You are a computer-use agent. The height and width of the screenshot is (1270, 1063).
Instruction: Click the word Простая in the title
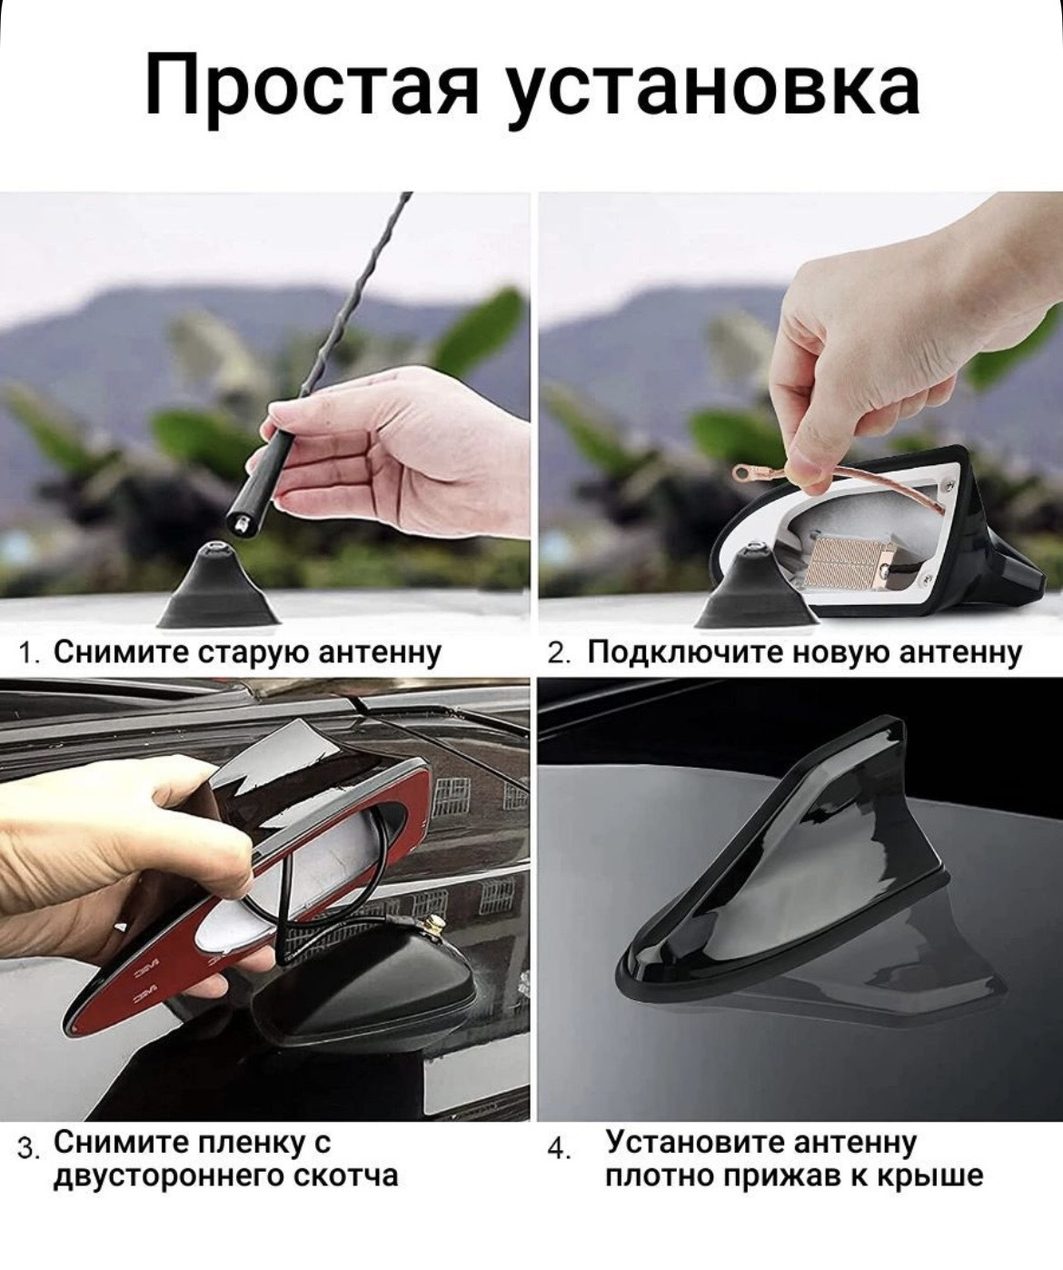point(312,85)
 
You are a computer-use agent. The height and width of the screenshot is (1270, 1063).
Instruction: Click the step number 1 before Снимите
point(26,653)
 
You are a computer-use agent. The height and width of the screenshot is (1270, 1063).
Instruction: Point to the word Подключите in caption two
point(681,653)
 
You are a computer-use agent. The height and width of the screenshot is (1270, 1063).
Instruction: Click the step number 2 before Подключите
point(556,653)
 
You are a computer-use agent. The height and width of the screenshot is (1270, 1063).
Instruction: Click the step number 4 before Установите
point(556,1148)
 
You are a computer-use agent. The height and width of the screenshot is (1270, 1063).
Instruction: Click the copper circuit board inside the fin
point(842,556)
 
